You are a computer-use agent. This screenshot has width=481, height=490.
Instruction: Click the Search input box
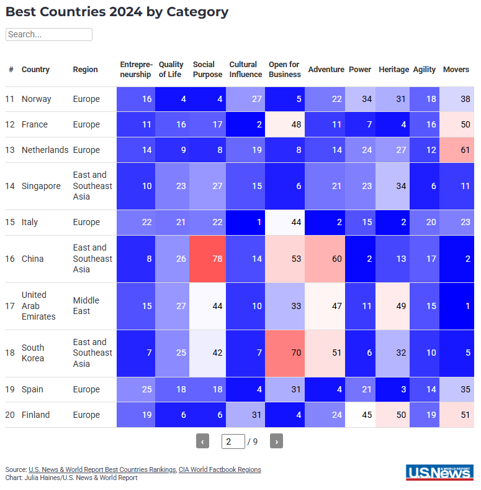pyautogui.click(x=49, y=35)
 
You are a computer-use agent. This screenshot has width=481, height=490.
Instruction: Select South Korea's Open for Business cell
pyautogui.click(x=285, y=353)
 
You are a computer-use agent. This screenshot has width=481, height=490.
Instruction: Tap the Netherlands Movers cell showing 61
pyautogui.click(x=456, y=150)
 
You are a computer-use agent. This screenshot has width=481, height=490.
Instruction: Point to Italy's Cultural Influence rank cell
pyautogui.click(x=245, y=222)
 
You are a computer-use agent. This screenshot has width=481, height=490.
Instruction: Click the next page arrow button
pyautogui.click(x=277, y=441)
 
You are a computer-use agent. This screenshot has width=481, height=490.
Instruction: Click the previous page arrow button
pyautogui.click(x=202, y=441)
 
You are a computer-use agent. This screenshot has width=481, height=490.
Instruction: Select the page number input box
pyautogui.click(x=233, y=441)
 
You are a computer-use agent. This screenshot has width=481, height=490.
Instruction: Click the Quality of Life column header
pyautogui.click(x=171, y=70)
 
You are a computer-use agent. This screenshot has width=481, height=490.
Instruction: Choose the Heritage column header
pyautogui.click(x=393, y=70)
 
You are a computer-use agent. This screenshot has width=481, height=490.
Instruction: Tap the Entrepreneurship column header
pyautogui.click(x=135, y=70)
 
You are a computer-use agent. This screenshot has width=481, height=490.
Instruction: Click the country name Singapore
pyautogui.click(x=41, y=186)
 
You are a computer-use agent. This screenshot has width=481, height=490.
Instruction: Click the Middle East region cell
pyautogui.click(x=86, y=306)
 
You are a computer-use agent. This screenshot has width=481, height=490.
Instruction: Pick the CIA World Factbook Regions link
pyautogui.click(x=220, y=470)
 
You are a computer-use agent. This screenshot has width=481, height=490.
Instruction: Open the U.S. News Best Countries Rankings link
pyautogui.click(x=102, y=470)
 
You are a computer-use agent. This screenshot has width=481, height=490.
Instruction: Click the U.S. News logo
pyautogui.click(x=439, y=473)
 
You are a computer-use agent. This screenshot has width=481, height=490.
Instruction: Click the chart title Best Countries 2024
pyautogui.click(x=117, y=12)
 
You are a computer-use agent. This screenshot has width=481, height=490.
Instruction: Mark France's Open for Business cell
pyautogui.click(x=285, y=124)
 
